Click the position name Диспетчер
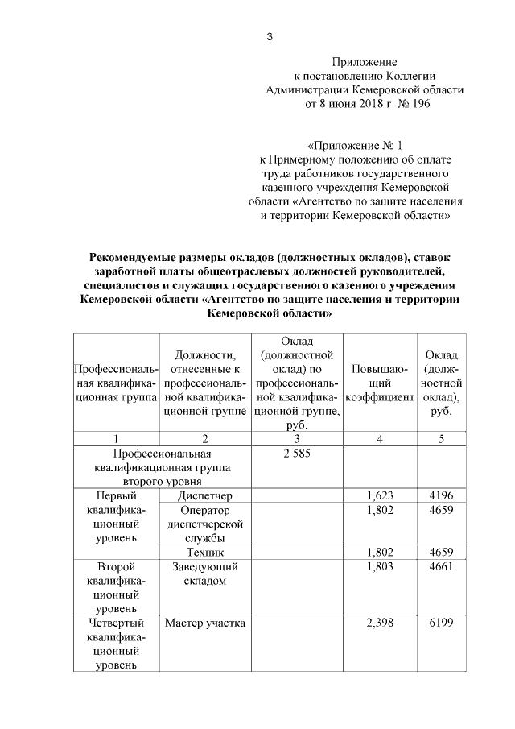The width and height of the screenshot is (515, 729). coord(205,495)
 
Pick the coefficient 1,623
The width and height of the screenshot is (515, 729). coord(379,495)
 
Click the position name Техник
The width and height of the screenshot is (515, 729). coord(205,552)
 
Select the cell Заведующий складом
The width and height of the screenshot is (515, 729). coord(205,574)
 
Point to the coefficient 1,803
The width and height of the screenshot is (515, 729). coord(379,566)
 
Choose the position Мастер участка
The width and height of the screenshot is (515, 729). coord(205,623)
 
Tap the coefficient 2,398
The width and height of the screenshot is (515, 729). coord(379,623)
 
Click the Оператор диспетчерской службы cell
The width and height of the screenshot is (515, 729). coord(205,524)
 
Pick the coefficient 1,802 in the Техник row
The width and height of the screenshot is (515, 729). coord(379,552)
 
